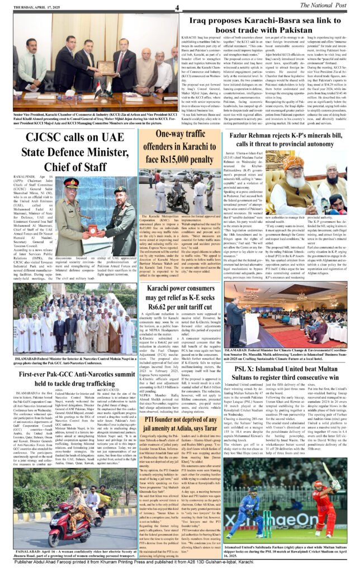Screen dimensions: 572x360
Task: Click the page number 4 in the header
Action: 177,7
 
